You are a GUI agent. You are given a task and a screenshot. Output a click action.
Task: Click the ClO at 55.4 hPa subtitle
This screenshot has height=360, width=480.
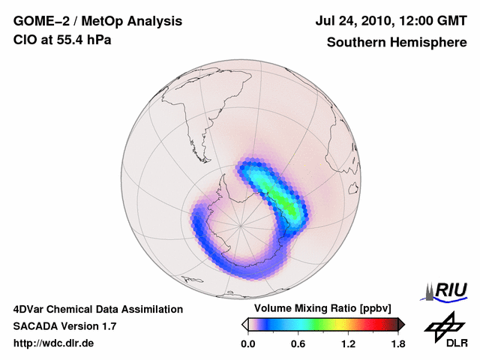pos(62,40)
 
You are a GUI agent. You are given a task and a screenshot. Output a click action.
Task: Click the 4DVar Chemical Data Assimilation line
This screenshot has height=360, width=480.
pos(98,309)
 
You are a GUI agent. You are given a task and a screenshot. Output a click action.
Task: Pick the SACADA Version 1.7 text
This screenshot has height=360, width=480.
pos(64,326)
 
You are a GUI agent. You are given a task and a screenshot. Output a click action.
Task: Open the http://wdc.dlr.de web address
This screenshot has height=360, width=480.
pos(54,343)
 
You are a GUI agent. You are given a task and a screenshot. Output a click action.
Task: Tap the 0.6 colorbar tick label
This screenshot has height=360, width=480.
pos(298,343)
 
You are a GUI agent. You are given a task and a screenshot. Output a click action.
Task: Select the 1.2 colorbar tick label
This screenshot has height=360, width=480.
pos(347,343)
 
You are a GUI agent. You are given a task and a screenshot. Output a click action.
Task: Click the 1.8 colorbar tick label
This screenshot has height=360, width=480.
pos(397,343)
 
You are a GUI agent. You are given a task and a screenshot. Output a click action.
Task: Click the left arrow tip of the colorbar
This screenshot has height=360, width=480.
pos(244,324)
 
